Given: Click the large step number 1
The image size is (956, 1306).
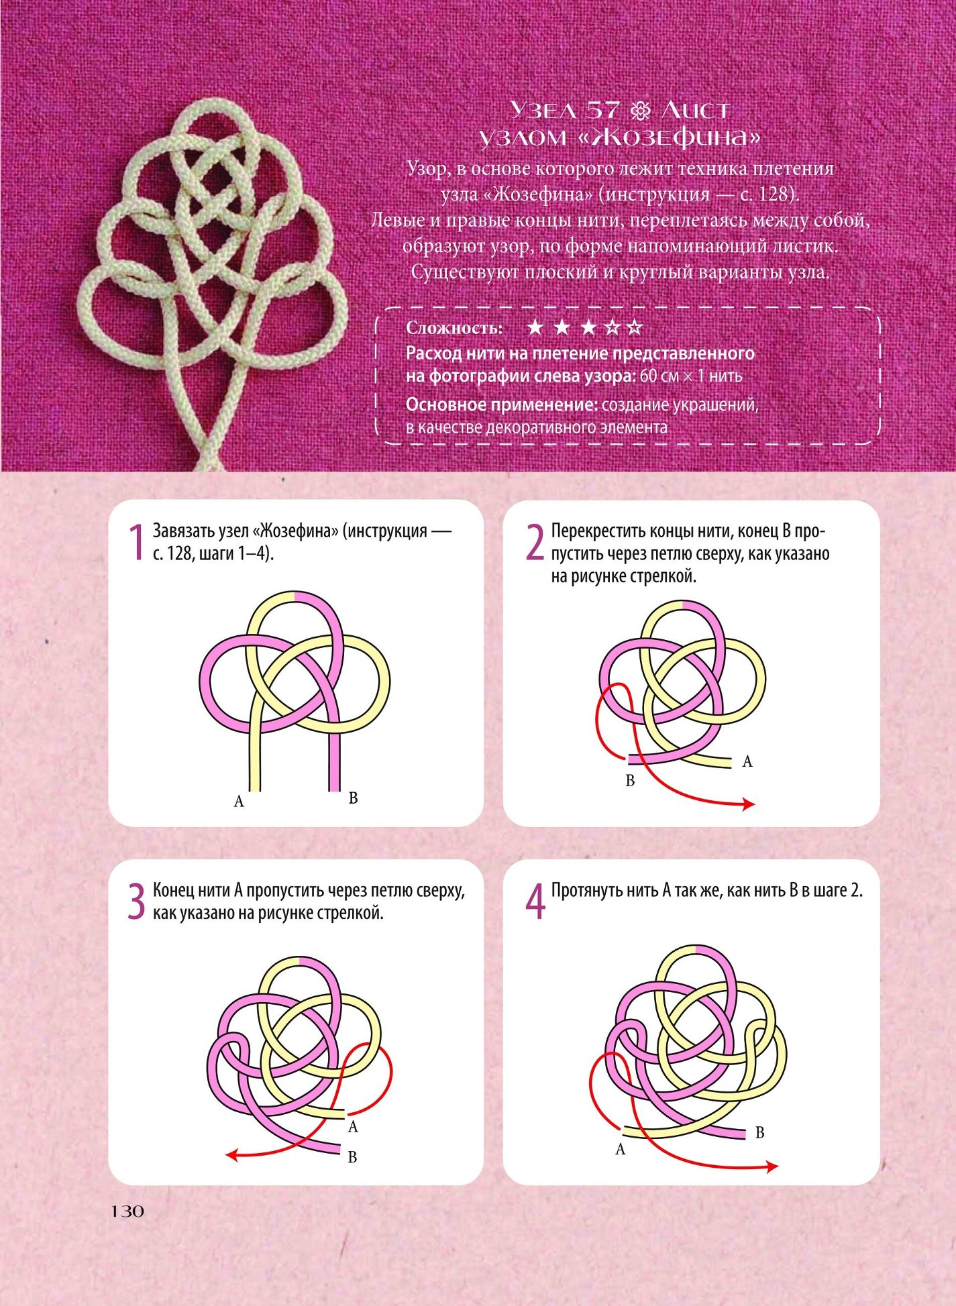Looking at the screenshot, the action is coord(137,542).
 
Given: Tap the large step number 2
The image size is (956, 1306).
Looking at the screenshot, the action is coord(534,542).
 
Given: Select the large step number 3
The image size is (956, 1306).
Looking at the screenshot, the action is coord(136,901).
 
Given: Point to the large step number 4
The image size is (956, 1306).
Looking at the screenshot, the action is coord(535,902).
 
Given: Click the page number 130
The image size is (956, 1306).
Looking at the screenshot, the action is coord(127,1211).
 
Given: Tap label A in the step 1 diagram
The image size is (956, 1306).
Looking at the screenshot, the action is coord(239,801).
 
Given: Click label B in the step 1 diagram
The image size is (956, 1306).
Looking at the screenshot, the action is coord(353,798).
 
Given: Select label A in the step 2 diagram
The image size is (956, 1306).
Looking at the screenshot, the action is coord(747,761).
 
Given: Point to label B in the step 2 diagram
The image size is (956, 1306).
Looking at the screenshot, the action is coord(630,781).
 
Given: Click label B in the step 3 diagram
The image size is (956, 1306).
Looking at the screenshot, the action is coord(352,1157).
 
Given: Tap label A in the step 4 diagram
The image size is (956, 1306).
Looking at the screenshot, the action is coord(621,1150).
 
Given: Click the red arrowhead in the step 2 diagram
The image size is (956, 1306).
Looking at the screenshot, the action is coord(749,804).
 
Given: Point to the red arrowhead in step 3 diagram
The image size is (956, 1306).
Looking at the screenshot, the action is coord(231,1154).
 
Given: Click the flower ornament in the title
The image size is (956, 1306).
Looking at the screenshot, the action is coord(641,110).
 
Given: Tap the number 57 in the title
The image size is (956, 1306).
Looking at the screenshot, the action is coord(603,110).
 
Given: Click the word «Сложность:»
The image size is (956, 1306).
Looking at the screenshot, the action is coord(454,328).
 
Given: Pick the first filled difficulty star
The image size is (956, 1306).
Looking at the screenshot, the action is coord(535,327).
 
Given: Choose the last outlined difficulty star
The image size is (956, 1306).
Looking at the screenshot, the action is coord(633,327).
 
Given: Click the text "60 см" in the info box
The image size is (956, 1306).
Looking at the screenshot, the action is coord(659,376).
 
